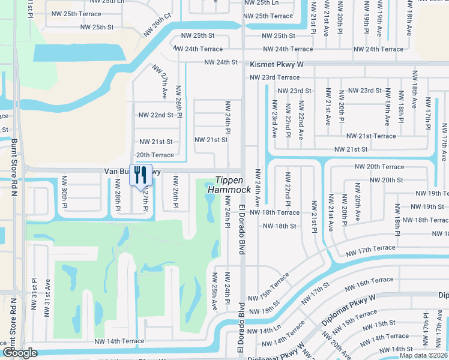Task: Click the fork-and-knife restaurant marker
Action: tap(140, 175)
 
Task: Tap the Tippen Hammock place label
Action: tap(229, 185)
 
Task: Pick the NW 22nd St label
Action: tap(155, 115)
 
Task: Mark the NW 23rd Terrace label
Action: tap(274, 77)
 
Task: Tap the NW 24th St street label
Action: tap(221, 62)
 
